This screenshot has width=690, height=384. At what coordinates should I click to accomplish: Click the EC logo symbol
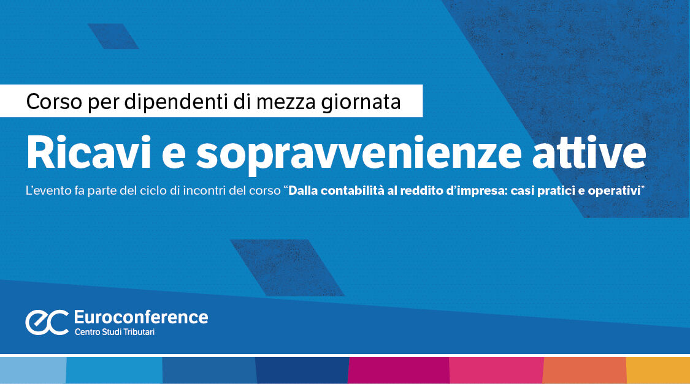click(47, 322)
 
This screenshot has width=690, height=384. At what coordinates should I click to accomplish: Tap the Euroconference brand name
click(140, 317)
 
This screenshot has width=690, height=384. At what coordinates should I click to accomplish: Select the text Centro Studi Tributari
click(118, 333)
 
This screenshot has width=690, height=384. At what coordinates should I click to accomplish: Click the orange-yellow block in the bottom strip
click(657, 370)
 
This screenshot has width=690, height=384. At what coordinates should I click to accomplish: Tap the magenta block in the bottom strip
click(398, 370)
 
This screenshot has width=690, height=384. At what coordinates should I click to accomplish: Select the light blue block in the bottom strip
click(33, 370)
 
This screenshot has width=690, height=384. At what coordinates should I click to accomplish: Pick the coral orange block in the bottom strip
click(585, 370)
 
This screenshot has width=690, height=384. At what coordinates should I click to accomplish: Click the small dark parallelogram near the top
click(113, 36)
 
